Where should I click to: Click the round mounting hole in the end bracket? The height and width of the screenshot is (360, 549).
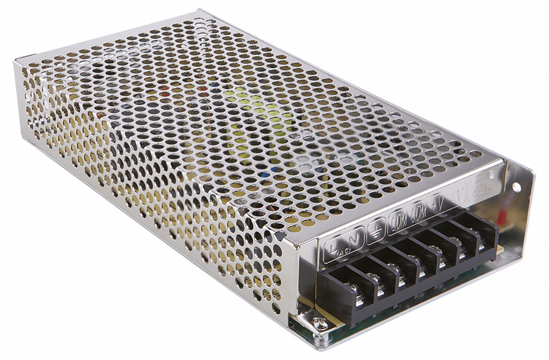point(516,187)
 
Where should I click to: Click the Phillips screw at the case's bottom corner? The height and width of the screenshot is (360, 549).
point(319,324)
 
